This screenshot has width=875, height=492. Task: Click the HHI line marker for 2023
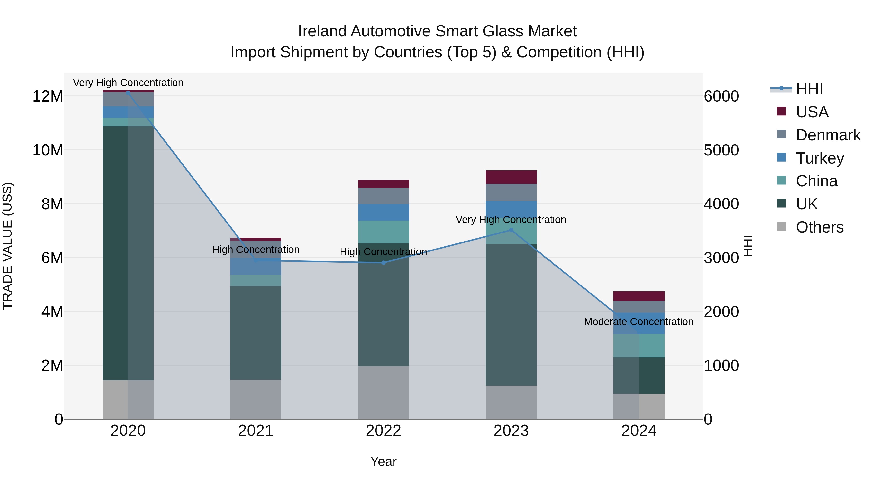[x=511, y=230]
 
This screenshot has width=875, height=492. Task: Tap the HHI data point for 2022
[x=384, y=263]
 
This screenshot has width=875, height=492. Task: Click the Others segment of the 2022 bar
[x=384, y=393]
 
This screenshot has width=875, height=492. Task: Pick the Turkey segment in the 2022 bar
[x=384, y=212]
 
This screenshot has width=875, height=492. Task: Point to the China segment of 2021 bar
[x=256, y=280]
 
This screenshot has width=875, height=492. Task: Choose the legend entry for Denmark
[x=828, y=135]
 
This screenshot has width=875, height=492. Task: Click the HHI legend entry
[x=809, y=89]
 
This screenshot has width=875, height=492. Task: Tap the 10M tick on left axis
[x=48, y=150]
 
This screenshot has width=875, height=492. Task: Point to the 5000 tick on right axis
[x=721, y=150]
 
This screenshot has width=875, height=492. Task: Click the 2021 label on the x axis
[x=256, y=431]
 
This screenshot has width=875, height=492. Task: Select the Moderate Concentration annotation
[x=639, y=321]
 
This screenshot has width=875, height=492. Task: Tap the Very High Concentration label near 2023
[x=511, y=220]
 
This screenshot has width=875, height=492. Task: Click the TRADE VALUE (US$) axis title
[x=8, y=246]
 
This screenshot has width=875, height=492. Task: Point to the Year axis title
[x=384, y=461]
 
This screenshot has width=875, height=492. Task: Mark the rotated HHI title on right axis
[x=748, y=246]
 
